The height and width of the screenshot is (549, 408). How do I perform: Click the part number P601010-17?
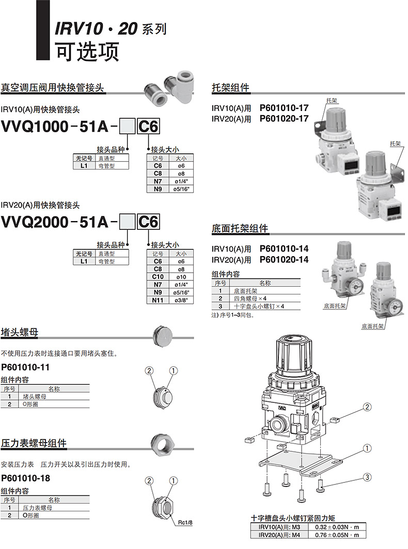(x=284, y=108)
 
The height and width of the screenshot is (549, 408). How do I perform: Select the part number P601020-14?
(x=284, y=260)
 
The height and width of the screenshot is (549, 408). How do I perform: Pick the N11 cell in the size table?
(x=158, y=300)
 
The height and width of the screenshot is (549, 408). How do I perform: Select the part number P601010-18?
(x=26, y=478)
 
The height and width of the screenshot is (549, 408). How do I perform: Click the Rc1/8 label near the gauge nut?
(x=185, y=523)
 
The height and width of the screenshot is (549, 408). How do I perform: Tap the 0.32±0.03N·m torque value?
(x=337, y=527)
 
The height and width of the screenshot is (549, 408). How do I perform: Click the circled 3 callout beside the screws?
(x=367, y=478)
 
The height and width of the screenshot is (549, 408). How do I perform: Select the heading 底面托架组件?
(x=240, y=229)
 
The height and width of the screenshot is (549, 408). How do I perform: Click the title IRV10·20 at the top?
(x=96, y=29)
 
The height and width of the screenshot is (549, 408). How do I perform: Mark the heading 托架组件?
(x=230, y=88)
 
